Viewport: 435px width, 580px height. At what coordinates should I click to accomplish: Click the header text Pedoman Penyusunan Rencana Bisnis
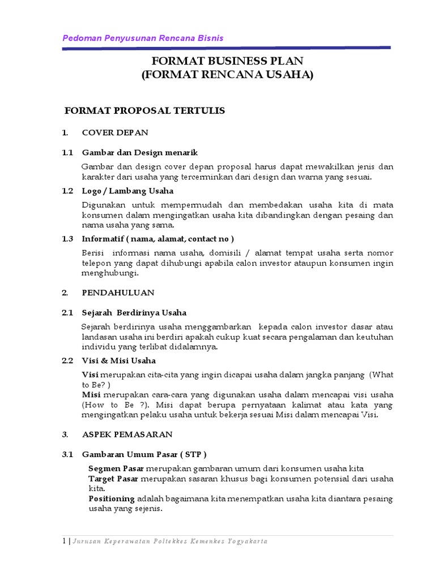pos(142,38)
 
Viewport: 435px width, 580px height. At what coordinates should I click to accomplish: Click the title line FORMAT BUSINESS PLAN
pos(227,61)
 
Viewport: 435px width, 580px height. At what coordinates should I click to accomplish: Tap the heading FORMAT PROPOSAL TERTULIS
pos(145,110)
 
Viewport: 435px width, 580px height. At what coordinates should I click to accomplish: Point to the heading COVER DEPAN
pos(115,133)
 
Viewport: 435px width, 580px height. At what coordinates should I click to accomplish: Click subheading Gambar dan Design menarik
pos(140,153)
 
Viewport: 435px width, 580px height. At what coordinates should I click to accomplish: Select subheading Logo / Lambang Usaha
pos(127,190)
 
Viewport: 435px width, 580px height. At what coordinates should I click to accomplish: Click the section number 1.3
pos(68,238)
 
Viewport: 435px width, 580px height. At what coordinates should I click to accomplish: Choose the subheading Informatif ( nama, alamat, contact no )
pos(157,238)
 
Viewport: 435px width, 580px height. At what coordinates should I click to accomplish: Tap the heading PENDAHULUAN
pos(118,293)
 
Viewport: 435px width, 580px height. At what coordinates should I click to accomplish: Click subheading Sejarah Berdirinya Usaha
pos(134,313)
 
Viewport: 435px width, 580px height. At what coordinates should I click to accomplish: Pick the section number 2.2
pos(68,360)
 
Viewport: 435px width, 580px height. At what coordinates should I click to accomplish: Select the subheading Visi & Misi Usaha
pos(119,360)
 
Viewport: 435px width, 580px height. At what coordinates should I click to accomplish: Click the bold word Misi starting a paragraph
pos(91,394)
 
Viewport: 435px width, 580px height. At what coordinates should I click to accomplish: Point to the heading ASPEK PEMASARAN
pos(127,434)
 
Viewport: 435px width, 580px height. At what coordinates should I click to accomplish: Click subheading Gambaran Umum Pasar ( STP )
pos(144,454)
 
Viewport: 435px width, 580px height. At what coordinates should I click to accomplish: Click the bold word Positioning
pos(112,498)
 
